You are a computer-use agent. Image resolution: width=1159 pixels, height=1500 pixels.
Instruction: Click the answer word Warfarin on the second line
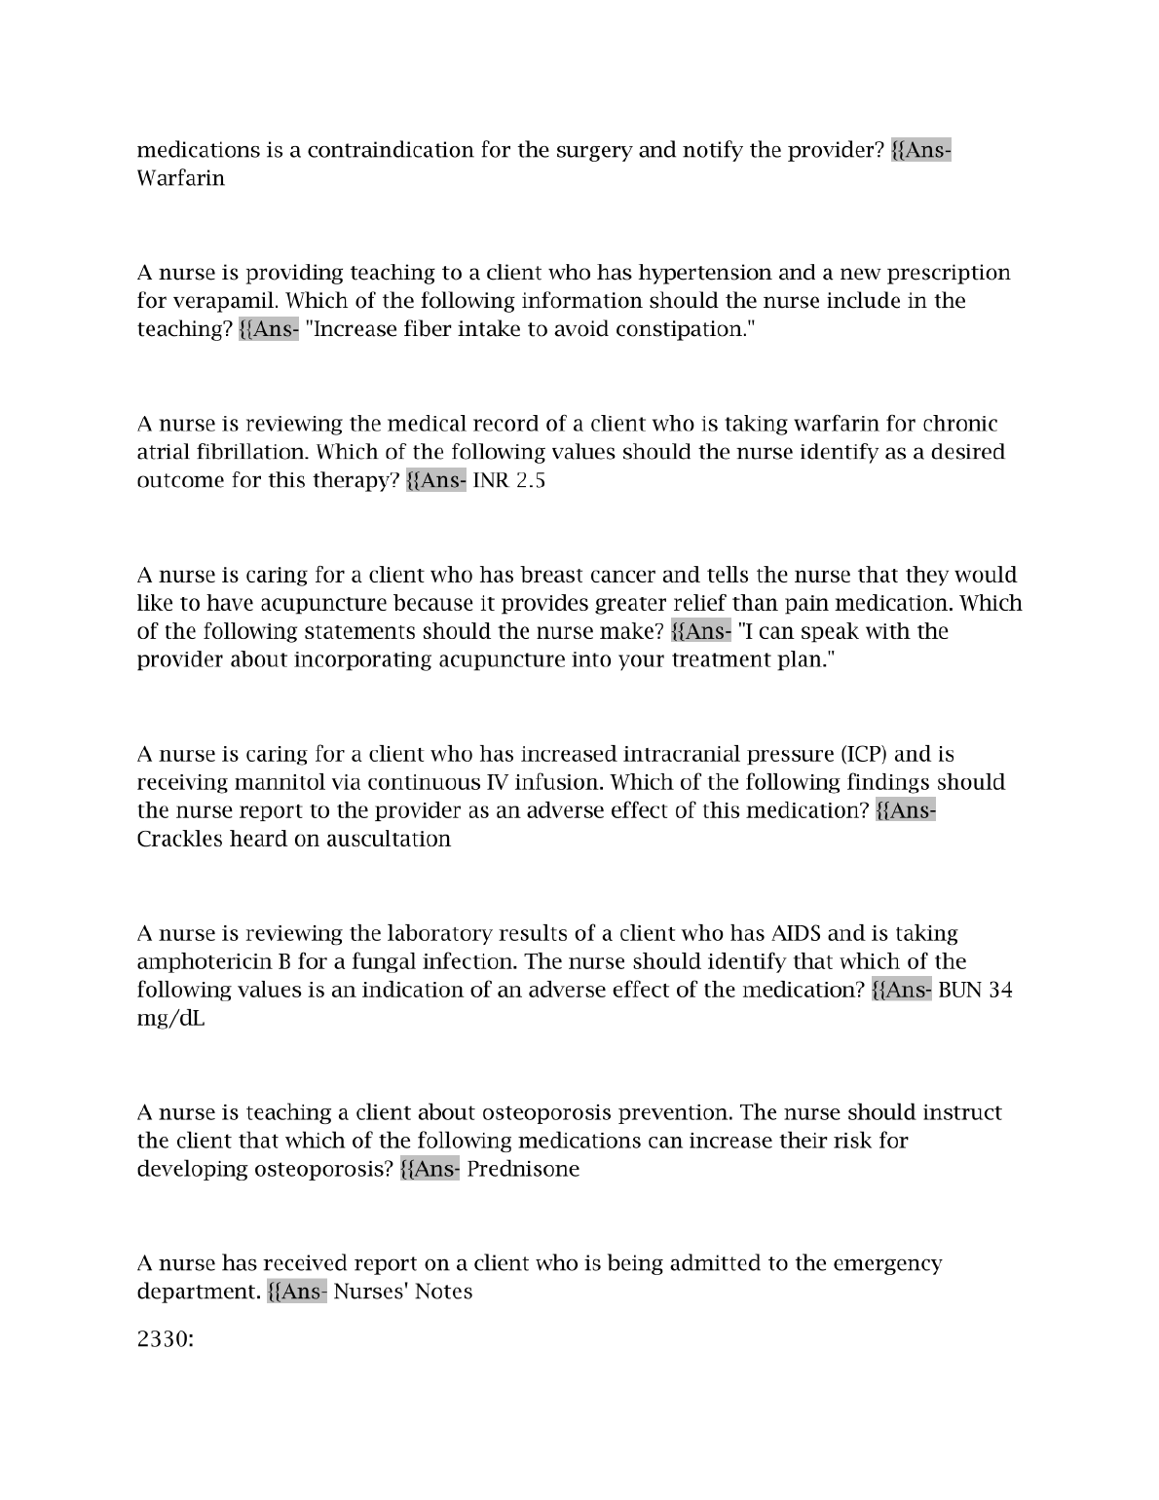coord(180,178)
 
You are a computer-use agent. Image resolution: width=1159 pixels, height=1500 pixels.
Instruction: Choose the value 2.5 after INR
coord(530,481)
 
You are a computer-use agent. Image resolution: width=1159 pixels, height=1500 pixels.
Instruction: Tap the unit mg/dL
coord(170,1019)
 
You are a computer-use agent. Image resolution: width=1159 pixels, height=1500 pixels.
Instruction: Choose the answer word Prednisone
coord(523,1169)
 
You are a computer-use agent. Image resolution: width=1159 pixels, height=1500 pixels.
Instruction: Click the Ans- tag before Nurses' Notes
coord(297,1292)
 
